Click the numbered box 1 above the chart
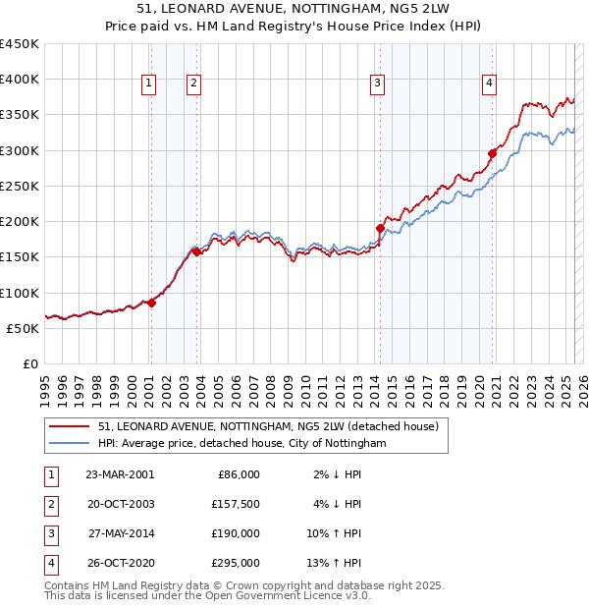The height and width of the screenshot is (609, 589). (148, 84)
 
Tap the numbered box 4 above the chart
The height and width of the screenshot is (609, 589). (488, 84)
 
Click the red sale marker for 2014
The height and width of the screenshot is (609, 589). (380, 228)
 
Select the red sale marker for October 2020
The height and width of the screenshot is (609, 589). (492, 153)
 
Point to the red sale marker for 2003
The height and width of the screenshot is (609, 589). (196, 251)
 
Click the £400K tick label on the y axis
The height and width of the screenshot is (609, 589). (20, 80)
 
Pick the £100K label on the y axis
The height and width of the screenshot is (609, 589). (20, 293)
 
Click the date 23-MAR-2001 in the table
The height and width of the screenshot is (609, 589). (119, 474)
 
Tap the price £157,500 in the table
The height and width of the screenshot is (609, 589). (237, 504)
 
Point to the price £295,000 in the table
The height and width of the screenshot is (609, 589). (237, 563)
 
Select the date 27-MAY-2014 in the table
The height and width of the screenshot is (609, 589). (121, 533)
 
